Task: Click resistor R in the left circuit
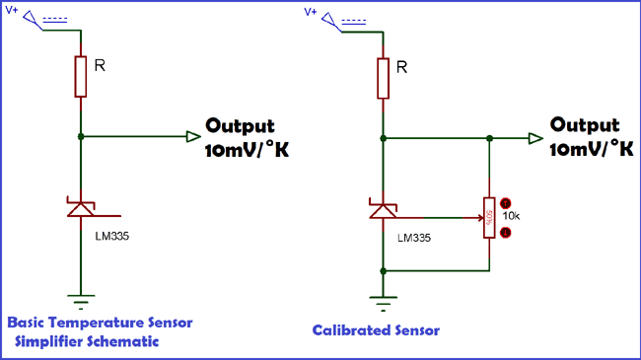(80, 77)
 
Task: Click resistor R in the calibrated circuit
(383, 77)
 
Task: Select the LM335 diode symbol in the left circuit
(81, 209)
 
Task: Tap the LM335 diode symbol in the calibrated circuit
(383, 209)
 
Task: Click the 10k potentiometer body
(489, 214)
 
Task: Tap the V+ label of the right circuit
(311, 12)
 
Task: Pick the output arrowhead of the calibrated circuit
(534, 138)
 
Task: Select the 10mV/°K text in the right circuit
(591, 149)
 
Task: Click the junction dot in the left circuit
(81, 137)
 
